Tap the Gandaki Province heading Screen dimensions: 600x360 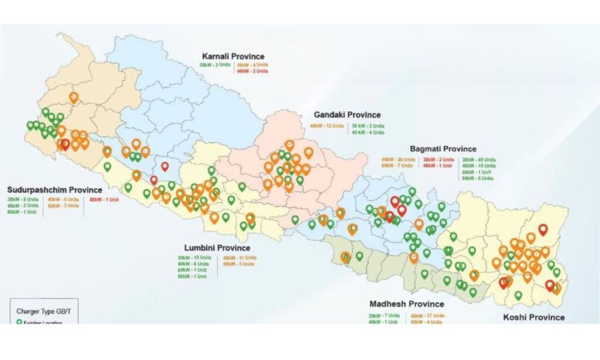(347, 115)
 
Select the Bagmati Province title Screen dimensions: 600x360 (443, 149)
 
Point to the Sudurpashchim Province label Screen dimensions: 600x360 (54, 190)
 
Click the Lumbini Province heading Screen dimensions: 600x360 (217, 248)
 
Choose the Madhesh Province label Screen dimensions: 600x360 (407, 304)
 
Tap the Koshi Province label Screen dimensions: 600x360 (534, 317)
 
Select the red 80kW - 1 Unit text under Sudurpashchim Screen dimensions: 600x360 (104, 199)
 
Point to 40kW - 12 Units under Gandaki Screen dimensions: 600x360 (326, 125)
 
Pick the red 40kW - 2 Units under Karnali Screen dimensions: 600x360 (252, 71)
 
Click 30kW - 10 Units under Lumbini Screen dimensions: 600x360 (195, 258)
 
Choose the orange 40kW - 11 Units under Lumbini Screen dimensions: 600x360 (240, 258)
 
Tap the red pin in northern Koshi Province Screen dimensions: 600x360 (543, 230)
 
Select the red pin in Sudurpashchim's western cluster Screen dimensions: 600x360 (65, 144)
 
